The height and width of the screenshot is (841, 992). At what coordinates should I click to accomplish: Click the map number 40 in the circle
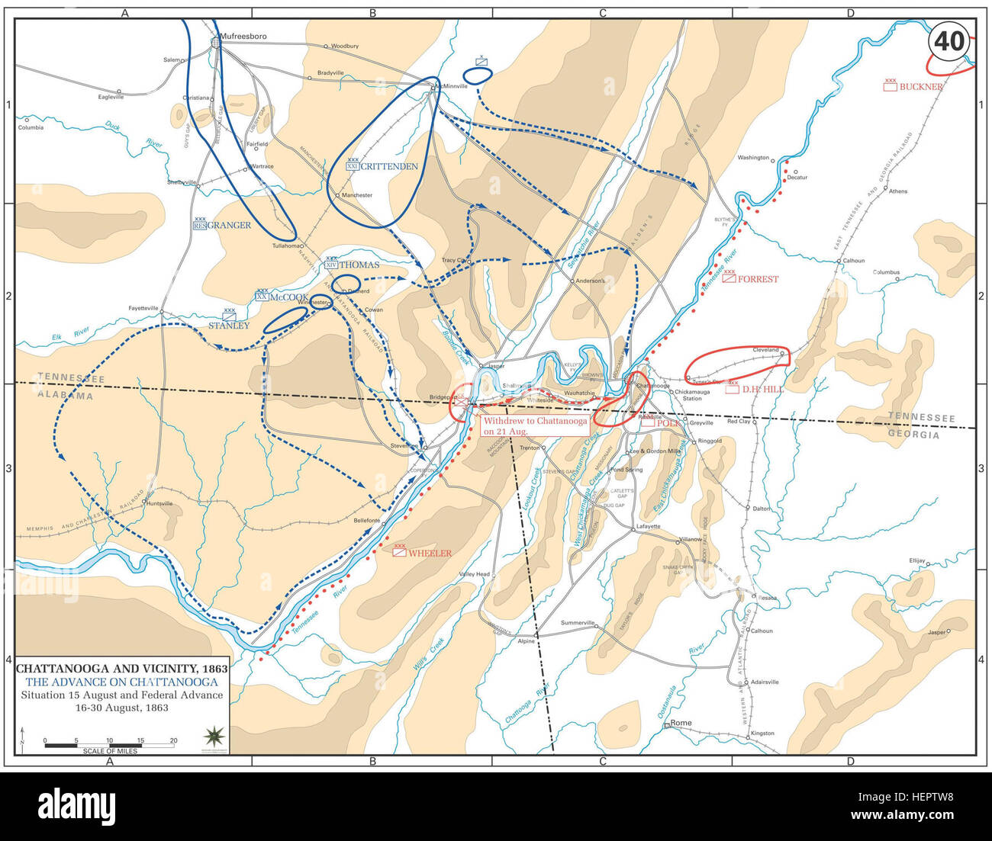pyautogui.click(x=949, y=41)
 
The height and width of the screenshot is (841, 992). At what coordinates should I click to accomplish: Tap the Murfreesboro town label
pyautogui.click(x=240, y=36)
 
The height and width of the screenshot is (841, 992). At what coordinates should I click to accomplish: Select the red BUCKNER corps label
pyautogui.click(x=920, y=87)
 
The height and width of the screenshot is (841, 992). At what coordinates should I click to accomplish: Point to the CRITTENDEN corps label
pyautogui.click(x=389, y=166)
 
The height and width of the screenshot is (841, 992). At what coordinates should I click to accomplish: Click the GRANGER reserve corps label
pyautogui.click(x=229, y=225)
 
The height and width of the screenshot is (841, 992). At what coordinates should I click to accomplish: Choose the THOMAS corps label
pyautogui.click(x=359, y=265)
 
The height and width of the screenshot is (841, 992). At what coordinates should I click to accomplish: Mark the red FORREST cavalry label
pyautogui.click(x=758, y=279)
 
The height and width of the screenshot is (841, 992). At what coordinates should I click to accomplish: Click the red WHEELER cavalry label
pyautogui.click(x=430, y=554)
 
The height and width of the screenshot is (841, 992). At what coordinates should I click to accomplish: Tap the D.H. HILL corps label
pyautogui.click(x=762, y=389)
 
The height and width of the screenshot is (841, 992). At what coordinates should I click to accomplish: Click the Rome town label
pyautogui.click(x=681, y=723)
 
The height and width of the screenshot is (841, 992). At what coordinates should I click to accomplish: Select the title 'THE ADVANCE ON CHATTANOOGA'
pyautogui.click(x=121, y=681)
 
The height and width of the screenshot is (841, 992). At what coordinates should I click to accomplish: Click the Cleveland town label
pyautogui.click(x=765, y=350)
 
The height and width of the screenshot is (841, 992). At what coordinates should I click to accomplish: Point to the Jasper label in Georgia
pyautogui.click(x=936, y=632)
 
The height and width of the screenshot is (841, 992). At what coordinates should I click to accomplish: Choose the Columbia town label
pyautogui.click(x=31, y=127)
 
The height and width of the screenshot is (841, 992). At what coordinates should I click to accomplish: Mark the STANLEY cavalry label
pyautogui.click(x=229, y=326)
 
